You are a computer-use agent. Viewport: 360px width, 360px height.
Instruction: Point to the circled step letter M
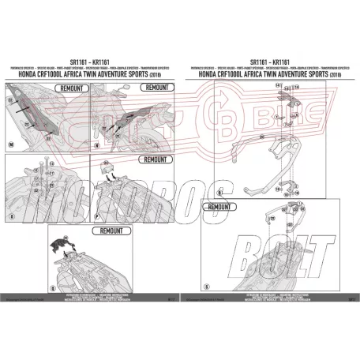click(x=9, y=145)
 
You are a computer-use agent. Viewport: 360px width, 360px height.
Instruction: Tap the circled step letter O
click(x=9, y=213)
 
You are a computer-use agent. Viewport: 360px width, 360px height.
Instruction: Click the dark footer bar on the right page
click(x=268, y=299)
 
